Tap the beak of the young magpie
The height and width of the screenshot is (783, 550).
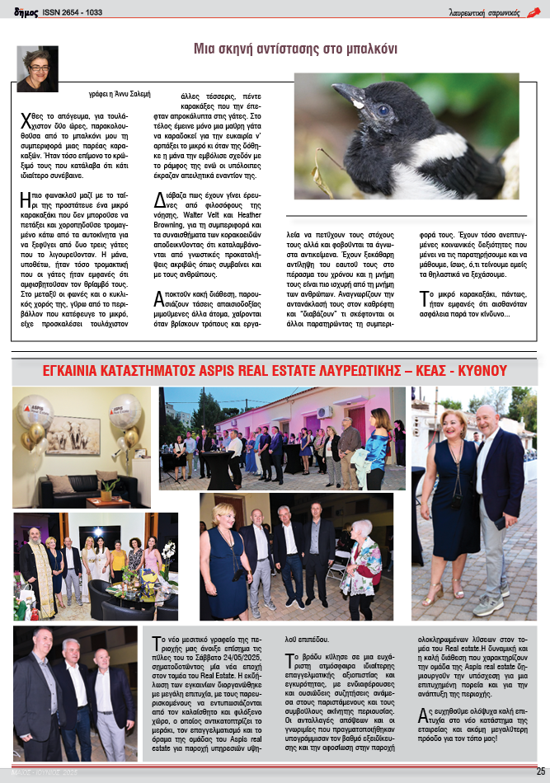click(x=346, y=95)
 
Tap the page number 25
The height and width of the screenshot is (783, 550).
click(x=540, y=771)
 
